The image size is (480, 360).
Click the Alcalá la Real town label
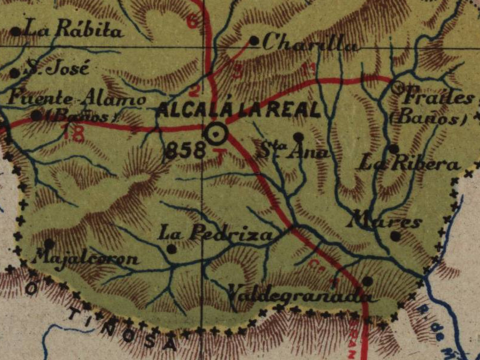click(238, 111)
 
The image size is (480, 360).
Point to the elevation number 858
click(185, 151)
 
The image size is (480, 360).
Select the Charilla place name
click(310, 43)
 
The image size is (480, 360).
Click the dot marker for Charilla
click(254, 41)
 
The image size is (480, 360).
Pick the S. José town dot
click(14, 73)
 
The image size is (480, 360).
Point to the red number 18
click(73, 135)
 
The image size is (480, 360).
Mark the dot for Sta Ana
click(298, 137)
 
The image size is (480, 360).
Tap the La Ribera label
click(410, 163)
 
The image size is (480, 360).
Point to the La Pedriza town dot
click(172, 248)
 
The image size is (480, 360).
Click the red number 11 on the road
click(309, 70)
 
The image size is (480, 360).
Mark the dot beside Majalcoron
click(49, 244)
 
